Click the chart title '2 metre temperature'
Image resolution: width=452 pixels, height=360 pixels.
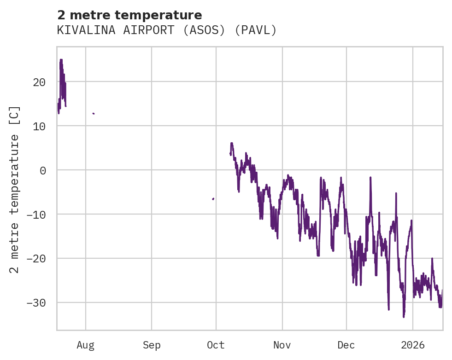pos(129,15)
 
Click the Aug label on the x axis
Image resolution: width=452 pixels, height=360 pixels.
pos(86,345)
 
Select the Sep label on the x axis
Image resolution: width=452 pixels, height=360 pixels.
pos(152,345)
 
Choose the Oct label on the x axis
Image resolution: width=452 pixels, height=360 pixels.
pos(216,345)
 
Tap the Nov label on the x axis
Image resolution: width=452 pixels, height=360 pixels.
pos(282,345)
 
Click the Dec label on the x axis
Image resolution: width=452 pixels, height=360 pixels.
pos(346,345)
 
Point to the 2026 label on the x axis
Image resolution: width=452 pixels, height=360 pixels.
pos(413,345)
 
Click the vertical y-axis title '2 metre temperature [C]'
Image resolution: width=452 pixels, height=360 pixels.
pos(15,189)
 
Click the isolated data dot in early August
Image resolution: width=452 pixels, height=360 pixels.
pos(94,113)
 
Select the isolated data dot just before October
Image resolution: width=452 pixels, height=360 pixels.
pos(213,199)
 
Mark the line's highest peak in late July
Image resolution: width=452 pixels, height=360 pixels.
pos(61,60)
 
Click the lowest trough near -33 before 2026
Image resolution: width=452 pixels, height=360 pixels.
pos(404,317)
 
